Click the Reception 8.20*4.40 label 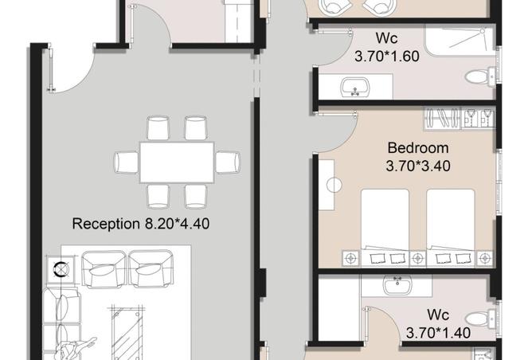pyautogui.click(x=141, y=224)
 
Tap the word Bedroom pyautogui.click(x=418, y=148)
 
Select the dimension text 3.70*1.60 pyautogui.click(x=387, y=56)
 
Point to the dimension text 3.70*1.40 pyautogui.click(x=438, y=332)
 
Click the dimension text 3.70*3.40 pyautogui.click(x=418, y=166)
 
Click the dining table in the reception pyautogui.click(x=177, y=162)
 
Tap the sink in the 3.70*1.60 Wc pyautogui.click(x=354, y=87)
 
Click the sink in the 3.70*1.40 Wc pyautogui.click(x=397, y=284)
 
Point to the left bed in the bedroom pyautogui.click(x=385, y=227)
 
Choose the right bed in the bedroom pyautogui.click(x=451, y=227)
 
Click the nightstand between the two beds pyautogui.click(x=417, y=259)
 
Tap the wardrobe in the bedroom pyautogui.click(x=459, y=118)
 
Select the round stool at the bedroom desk pyautogui.click(x=334, y=186)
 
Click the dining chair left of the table pyautogui.click(x=127, y=162)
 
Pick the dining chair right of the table pyautogui.click(x=228, y=162)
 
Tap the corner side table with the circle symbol pyautogui.click(x=61, y=269)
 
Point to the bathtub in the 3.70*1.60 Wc pyautogui.click(x=460, y=41)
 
